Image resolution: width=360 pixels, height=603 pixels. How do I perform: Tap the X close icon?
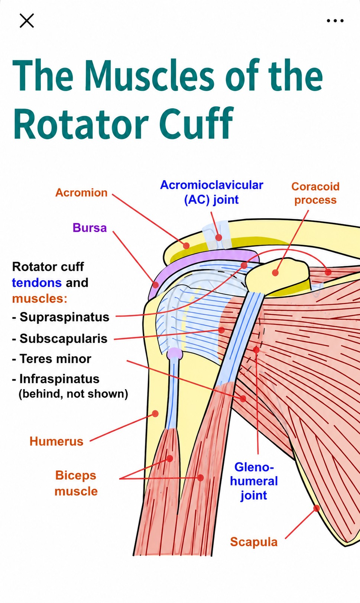coord(27,21)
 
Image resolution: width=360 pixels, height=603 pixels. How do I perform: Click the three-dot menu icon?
coord(335,20)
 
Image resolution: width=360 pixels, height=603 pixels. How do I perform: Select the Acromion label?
coord(81,193)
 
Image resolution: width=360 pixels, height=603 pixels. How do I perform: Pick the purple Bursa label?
coord(90,228)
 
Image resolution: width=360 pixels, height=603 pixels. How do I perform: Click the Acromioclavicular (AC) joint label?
coord(211,192)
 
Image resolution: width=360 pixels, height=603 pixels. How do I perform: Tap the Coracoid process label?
coord(315,193)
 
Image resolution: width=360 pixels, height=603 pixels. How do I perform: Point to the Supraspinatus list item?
coord(61,317)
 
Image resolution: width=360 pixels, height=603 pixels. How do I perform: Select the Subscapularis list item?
coord(60,338)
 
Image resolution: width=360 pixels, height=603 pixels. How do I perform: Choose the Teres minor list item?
coord(52,359)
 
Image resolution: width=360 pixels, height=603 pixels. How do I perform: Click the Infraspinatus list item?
coord(56,379)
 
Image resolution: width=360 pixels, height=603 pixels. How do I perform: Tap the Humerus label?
coord(56,441)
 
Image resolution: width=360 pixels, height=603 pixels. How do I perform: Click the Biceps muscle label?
coord(76,483)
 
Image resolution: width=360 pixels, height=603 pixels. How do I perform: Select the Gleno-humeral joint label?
coord(254,481)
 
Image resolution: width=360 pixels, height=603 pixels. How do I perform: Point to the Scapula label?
coord(254,542)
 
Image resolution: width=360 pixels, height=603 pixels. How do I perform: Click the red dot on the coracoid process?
coord(275,273)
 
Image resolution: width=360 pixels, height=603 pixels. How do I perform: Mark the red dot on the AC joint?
coord(219,238)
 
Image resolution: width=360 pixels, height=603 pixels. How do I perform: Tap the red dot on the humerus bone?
coord(155,413)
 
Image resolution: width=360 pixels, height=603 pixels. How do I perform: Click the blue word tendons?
coord(37,283)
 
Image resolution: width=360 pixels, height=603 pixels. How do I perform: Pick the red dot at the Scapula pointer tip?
coord(317,508)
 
